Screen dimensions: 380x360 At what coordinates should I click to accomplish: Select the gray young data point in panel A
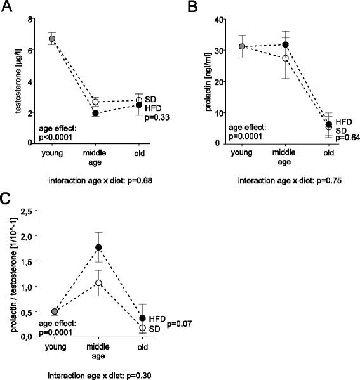point(52,39)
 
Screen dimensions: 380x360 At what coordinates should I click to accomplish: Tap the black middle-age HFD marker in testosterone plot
point(95,113)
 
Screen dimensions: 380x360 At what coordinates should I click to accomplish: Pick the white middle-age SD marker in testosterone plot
point(95,102)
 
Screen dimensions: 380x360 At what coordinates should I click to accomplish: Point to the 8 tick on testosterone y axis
point(30,20)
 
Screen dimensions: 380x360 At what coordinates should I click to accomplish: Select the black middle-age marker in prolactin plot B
point(285,44)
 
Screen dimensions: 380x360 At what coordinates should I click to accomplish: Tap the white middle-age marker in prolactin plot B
point(285,58)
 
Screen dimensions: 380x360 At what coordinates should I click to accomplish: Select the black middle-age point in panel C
point(98,247)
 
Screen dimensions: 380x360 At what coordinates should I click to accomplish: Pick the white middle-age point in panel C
point(98,283)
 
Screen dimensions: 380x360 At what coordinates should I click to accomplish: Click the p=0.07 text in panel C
point(180,324)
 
